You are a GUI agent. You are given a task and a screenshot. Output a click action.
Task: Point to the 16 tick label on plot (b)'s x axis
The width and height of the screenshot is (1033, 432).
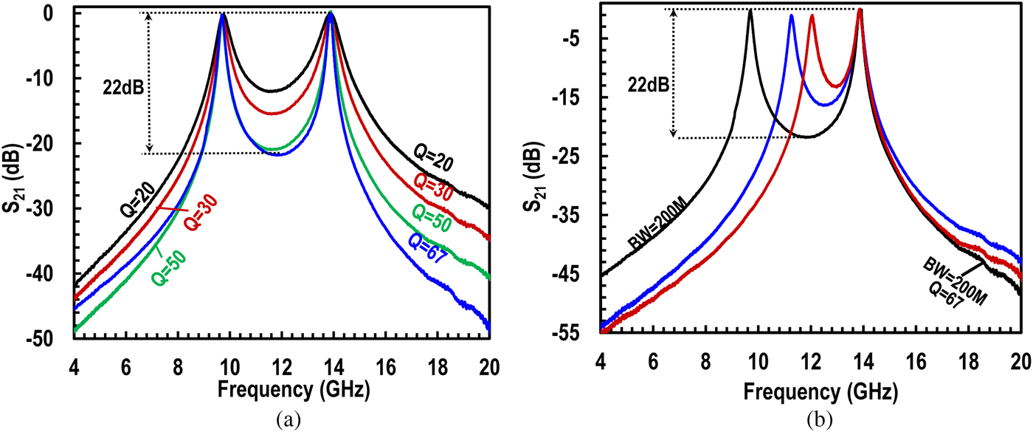(x=916, y=365)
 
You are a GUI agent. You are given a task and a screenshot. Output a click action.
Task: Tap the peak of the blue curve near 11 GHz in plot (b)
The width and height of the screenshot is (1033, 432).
(x=791, y=16)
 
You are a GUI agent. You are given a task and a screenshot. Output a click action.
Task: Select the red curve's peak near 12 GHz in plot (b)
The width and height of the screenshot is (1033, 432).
(x=812, y=16)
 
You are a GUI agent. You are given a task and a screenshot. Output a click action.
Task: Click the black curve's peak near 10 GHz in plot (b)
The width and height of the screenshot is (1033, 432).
(x=750, y=10)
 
